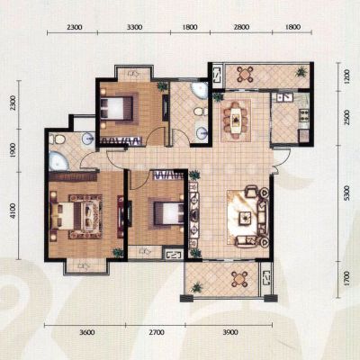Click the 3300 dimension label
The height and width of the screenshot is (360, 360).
[134, 27]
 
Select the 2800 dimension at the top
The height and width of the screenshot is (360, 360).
[241, 27]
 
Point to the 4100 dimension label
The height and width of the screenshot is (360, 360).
[12, 211]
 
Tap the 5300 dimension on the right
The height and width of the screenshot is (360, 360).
[346, 193]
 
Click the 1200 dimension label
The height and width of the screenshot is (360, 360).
[346, 76]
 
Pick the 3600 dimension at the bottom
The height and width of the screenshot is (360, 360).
[87, 332]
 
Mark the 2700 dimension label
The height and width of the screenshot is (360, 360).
[157, 332]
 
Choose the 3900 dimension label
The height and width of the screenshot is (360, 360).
[230, 332]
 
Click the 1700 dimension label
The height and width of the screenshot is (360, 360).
[346, 278]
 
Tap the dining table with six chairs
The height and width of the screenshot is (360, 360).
[236, 120]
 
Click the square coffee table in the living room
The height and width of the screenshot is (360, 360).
[246, 218]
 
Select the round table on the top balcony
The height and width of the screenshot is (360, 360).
[246, 74]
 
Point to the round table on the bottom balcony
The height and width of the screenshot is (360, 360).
[239, 280]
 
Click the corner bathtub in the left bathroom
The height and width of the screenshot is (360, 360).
[58, 161]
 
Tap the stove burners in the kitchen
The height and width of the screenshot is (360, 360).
[304, 115]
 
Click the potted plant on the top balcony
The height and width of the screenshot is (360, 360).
[301, 72]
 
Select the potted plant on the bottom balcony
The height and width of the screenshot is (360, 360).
[197, 288]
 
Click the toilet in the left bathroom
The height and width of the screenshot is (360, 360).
[58, 139]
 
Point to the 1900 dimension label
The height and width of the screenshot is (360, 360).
[12, 150]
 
